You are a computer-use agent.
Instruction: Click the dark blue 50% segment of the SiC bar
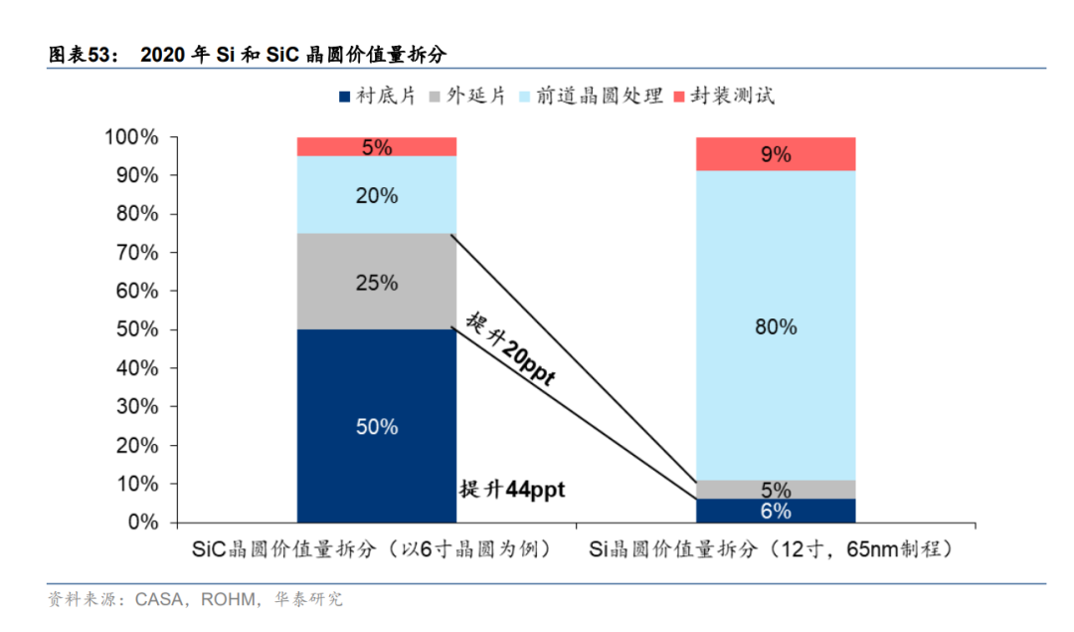pos(377,426)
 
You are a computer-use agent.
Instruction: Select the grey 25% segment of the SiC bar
pos(377,282)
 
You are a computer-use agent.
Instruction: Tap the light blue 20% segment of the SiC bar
pos(377,195)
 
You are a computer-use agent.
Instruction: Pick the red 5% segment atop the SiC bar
pos(377,147)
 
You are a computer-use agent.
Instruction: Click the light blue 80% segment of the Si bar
pos(776,326)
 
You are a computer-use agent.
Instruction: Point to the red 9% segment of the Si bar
pos(776,154)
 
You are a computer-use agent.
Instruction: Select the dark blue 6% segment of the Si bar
pos(776,512)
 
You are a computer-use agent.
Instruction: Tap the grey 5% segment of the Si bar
pos(776,490)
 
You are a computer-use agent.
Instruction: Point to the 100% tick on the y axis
pos(131,137)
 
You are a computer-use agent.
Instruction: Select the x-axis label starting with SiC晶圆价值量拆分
pos(372,548)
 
